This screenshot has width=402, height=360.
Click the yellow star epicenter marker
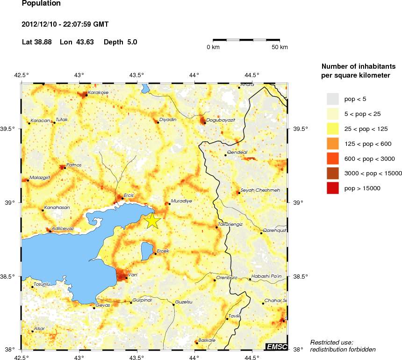[x=152, y=221]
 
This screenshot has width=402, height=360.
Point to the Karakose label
[x=98, y=93]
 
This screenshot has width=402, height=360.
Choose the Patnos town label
[x=74, y=165]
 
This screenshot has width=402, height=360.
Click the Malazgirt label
[x=39, y=178]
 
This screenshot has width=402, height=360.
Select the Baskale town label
[x=207, y=340]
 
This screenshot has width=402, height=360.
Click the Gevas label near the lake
[x=102, y=305]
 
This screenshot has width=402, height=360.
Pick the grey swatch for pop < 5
[x=332, y=99]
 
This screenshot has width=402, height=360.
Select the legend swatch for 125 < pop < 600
[x=332, y=144]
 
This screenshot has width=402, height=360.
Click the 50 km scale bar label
[x=280, y=48]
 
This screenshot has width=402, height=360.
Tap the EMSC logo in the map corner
[x=276, y=346]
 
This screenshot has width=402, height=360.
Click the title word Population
[x=41, y=4]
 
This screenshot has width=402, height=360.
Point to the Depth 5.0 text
[x=120, y=42]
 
